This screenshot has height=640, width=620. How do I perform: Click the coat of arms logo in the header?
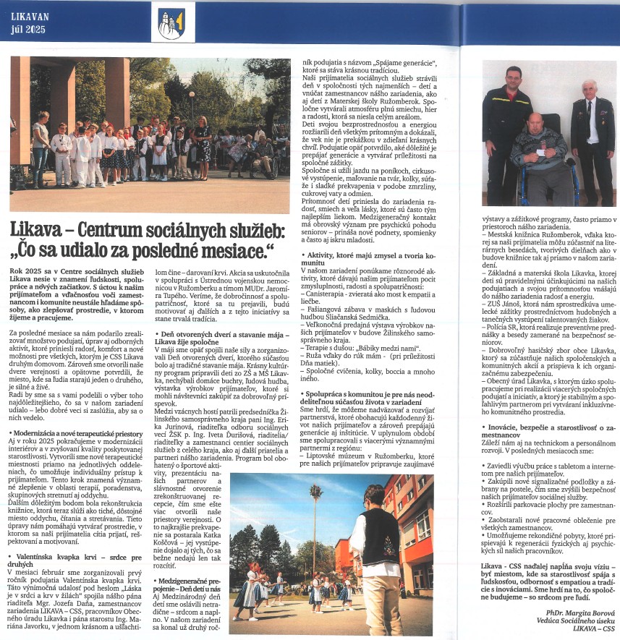tap(171, 23)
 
